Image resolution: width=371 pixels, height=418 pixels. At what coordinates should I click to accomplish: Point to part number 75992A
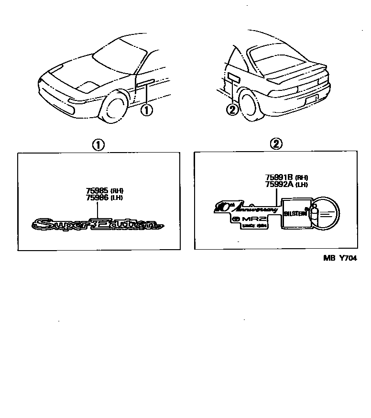279,184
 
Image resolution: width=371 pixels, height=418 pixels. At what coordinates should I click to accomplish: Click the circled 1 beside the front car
147,110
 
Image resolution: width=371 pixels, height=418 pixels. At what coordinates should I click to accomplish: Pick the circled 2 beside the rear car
231,110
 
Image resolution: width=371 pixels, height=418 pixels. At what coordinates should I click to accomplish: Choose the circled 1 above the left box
98,144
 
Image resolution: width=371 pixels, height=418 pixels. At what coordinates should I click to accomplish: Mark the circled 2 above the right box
276,144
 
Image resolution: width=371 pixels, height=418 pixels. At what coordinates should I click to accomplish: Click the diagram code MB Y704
340,257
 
